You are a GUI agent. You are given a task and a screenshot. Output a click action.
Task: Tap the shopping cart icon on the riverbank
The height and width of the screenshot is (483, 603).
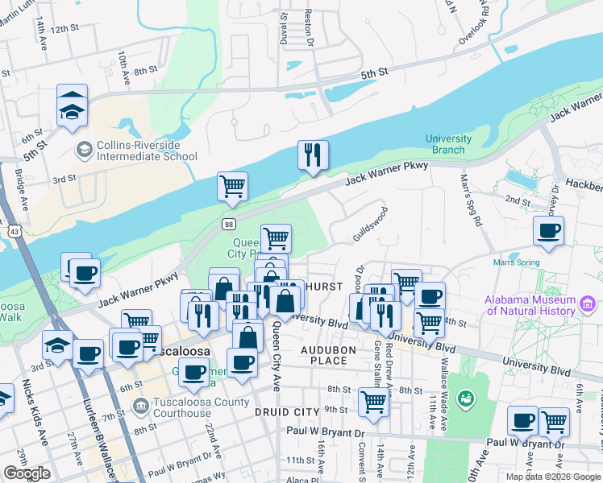(x=232, y=186)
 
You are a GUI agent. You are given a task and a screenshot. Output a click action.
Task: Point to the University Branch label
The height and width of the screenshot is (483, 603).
(x=445, y=144)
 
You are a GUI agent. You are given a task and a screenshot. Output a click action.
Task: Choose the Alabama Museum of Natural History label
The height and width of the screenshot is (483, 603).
(x=530, y=306)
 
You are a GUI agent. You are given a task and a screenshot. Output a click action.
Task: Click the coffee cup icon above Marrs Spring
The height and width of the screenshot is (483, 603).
(x=549, y=232)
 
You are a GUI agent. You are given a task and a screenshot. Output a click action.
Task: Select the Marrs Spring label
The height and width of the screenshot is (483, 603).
(x=516, y=283)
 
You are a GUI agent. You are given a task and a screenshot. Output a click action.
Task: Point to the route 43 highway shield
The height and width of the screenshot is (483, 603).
(x=15, y=231)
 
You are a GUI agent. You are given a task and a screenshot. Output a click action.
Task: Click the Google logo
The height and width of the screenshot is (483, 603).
(x=27, y=473)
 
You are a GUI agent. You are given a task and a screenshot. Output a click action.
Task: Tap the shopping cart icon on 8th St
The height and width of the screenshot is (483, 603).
(x=372, y=401)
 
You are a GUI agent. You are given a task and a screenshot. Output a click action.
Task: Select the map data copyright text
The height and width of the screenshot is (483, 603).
(x=552, y=477)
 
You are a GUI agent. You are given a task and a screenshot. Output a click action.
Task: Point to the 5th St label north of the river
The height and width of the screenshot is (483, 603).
(x=375, y=72)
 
